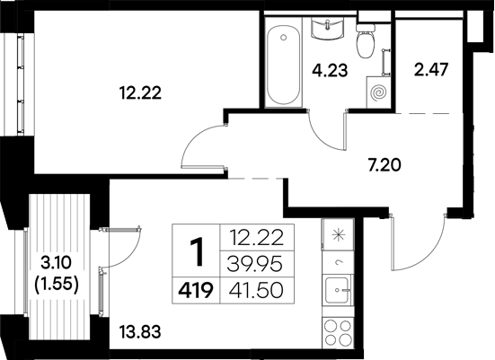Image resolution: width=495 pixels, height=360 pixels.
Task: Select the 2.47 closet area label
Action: coord(429,68)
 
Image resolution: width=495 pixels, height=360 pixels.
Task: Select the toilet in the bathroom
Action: coord(366,41)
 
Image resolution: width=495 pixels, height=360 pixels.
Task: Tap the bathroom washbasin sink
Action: coord(327,31)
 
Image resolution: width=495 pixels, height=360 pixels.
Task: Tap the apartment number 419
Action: coord(195,291)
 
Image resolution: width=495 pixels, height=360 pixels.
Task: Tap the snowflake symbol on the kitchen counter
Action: coord(339,236)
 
